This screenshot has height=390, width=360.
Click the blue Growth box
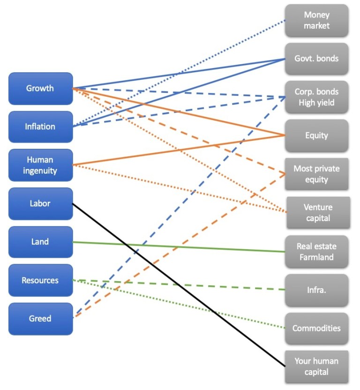coord(41,88)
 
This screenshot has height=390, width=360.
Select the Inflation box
coord(41,127)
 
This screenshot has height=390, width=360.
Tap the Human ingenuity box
coord(41,165)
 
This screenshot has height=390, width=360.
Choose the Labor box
coord(41,204)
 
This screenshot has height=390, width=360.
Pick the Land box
coord(41,242)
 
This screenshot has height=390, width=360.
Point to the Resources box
coord(41,281)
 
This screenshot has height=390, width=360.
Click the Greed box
coord(41,319)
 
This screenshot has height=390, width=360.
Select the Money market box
coord(316,21)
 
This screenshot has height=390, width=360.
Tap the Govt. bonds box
coord(316,59)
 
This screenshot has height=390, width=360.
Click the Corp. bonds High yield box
coord(316,97)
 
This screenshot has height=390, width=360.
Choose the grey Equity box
coord(316,136)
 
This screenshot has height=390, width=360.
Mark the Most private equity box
coord(316,174)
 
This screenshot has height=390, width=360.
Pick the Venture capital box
coord(318,213)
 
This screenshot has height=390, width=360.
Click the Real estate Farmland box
coord(316,252)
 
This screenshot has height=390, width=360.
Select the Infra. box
coord(316,290)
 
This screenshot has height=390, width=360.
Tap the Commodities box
coord(316,329)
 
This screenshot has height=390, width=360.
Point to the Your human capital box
coord(316,367)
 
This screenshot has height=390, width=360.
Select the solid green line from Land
coord(211,248)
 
